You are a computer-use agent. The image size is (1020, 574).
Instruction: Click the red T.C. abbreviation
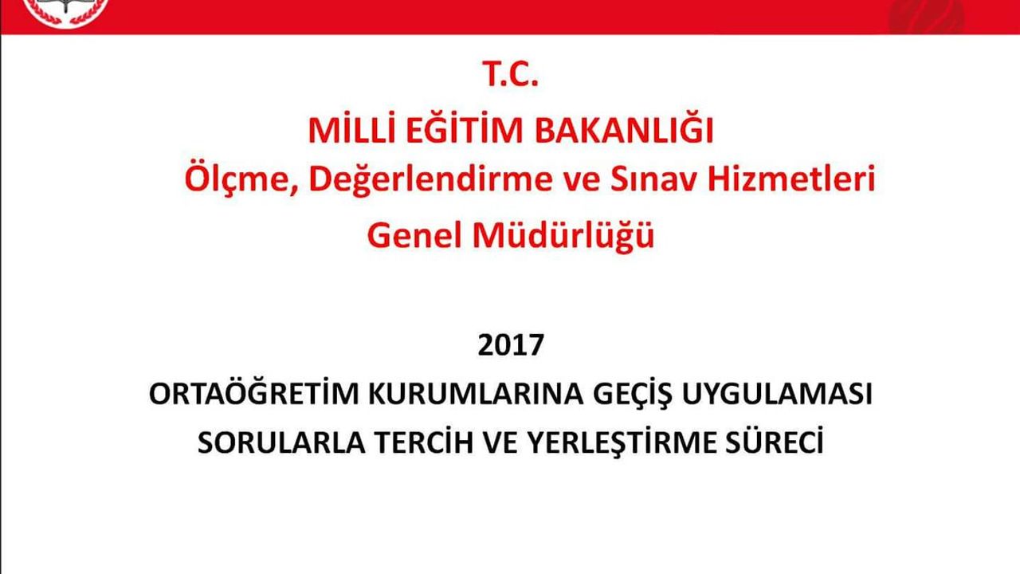point(511,74)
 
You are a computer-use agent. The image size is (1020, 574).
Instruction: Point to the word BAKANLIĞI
point(624,129)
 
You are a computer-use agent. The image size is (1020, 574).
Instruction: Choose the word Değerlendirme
point(431,179)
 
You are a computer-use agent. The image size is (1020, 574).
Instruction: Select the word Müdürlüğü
point(563,234)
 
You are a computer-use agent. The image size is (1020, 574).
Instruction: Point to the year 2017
point(511,345)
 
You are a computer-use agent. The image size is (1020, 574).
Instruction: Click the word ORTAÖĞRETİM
point(254,393)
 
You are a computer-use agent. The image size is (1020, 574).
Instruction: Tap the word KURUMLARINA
point(476,394)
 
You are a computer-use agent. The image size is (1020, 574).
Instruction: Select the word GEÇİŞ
point(632,395)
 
